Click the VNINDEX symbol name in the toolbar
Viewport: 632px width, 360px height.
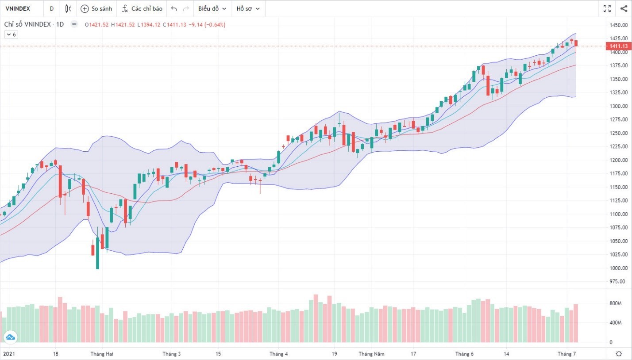click(17, 9)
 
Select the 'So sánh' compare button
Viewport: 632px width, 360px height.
click(96, 9)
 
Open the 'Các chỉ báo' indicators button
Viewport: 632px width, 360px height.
click(142, 9)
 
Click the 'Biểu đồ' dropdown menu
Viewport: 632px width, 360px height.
click(212, 9)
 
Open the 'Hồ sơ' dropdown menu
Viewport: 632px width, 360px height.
click(247, 9)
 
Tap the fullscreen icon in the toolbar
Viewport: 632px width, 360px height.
click(607, 8)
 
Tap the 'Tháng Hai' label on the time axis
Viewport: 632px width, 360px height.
click(100, 354)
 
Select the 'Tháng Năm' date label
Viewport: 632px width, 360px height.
click(372, 354)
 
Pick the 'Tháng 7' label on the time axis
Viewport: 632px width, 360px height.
click(566, 354)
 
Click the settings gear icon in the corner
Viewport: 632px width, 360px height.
click(619, 353)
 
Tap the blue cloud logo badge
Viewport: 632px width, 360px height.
click(10, 337)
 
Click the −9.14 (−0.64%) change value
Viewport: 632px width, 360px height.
click(207, 25)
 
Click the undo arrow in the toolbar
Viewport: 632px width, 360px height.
click(174, 9)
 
